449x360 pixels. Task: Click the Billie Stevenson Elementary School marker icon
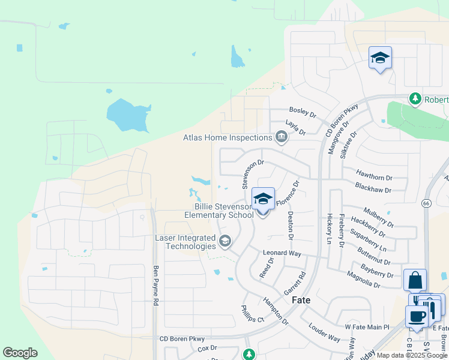click(263, 199)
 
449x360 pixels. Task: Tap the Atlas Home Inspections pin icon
click(281, 138)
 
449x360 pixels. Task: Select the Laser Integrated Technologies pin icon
click(225, 242)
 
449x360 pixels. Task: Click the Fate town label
click(301, 300)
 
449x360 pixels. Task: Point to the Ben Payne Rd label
click(155, 286)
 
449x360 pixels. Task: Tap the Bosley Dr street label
click(302, 111)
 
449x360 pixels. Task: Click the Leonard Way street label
click(282, 254)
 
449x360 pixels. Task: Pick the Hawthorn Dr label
click(373, 178)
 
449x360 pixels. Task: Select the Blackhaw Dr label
click(373, 190)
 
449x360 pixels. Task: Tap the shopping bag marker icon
click(415, 280)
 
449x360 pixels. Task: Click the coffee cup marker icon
click(417, 316)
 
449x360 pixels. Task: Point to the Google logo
click(20, 353)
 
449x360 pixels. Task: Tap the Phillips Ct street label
click(253, 314)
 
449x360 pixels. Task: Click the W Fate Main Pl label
click(367, 327)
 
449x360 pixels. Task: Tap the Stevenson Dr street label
click(253, 174)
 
